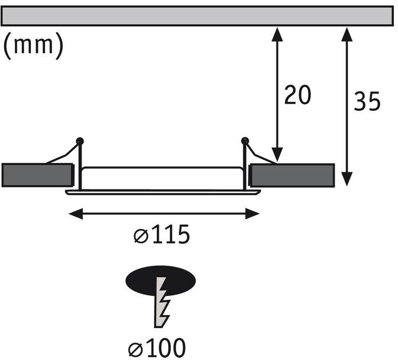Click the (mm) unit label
(33, 46)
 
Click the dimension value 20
(297, 95)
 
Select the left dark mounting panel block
(37, 175)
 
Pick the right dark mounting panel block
(291, 175)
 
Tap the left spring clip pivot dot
(79, 141)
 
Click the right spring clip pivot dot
(245, 141)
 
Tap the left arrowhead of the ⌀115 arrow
(74, 213)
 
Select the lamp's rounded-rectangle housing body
(162, 178)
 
